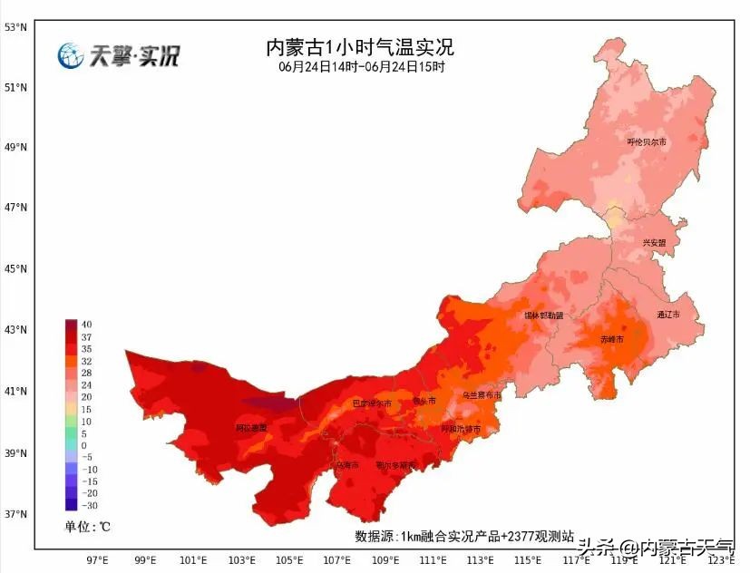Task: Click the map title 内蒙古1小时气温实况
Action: point(359,46)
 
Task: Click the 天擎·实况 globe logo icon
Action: point(71,56)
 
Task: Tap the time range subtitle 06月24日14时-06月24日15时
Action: point(361,67)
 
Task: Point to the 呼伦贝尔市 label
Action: point(647,142)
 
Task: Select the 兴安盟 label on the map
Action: point(654,243)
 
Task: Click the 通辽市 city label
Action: point(667,315)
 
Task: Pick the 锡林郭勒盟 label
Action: point(543,316)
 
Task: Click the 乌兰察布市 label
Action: point(482,395)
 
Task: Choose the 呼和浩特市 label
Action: point(461,429)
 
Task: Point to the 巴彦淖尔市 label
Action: point(372,403)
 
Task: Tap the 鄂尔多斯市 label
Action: point(395,465)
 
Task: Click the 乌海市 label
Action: point(347,465)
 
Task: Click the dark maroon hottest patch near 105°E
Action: point(268,402)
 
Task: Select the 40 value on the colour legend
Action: point(86,325)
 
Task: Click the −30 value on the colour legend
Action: point(89,506)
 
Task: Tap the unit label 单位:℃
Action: point(87,527)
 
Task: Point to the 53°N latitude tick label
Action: point(15,27)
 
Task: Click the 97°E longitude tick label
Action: point(97,559)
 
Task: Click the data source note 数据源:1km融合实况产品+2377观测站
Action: point(463,536)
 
